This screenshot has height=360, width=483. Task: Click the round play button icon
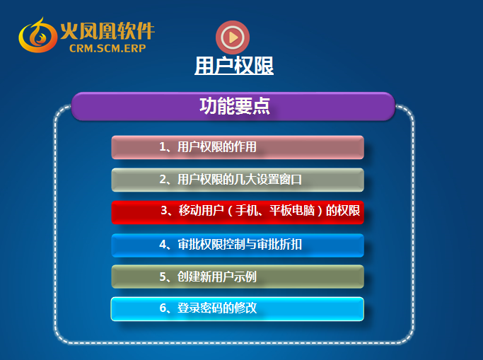[x=233, y=37]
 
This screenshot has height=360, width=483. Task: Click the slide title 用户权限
[x=234, y=66]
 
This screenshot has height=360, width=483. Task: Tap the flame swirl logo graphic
[x=37, y=35]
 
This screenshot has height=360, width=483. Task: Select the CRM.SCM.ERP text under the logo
[x=107, y=48]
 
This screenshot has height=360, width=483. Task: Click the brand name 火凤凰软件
[x=107, y=31]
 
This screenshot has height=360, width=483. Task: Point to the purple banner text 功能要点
[x=235, y=106]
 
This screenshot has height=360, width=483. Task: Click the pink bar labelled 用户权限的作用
[x=238, y=147]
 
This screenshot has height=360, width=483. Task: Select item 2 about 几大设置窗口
[x=238, y=180]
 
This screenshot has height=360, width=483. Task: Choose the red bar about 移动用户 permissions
[x=238, y=212]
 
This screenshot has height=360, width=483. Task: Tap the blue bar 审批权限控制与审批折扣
[x=238, y=245]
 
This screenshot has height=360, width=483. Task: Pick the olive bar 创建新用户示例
[x=238, y=277]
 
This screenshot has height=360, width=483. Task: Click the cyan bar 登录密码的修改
[x=238, y=309]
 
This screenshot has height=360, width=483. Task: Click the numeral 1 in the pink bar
[x=163, y=147]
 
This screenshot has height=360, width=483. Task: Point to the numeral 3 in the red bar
[x=164, y=211]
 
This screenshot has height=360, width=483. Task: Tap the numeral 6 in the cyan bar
[x=163, y=308]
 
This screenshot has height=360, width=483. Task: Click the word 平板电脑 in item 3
[x=292, y=211]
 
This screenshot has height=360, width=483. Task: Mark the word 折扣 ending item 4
[x=291, y=245]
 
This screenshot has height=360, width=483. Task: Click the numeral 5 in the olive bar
[x=163, y=277]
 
